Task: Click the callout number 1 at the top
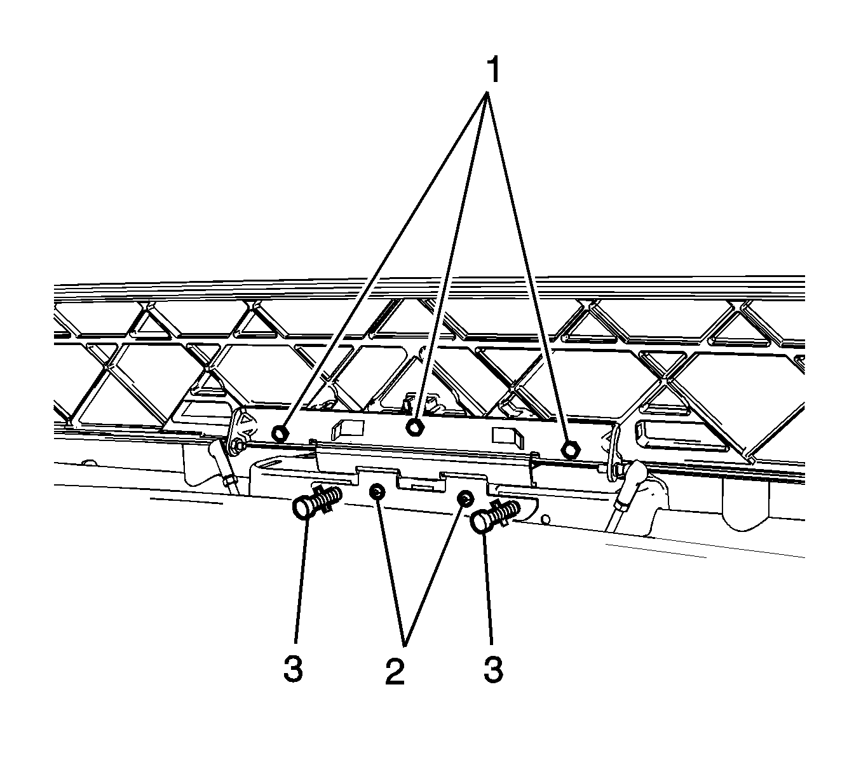click(494, 71)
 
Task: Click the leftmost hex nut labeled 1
click(280, 433)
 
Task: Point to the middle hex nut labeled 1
click(415, 427)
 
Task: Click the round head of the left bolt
click(304, 508)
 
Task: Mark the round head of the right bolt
click(482, 522)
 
